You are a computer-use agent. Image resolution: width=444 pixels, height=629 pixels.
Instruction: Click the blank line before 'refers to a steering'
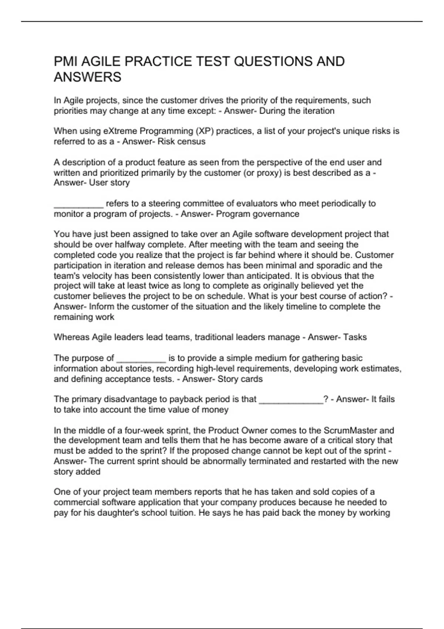[x=78, y=205]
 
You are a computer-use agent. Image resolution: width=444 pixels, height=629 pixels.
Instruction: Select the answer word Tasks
[x=355, y=337]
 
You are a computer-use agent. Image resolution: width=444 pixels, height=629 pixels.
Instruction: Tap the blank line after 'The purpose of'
[x=141, y=359]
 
